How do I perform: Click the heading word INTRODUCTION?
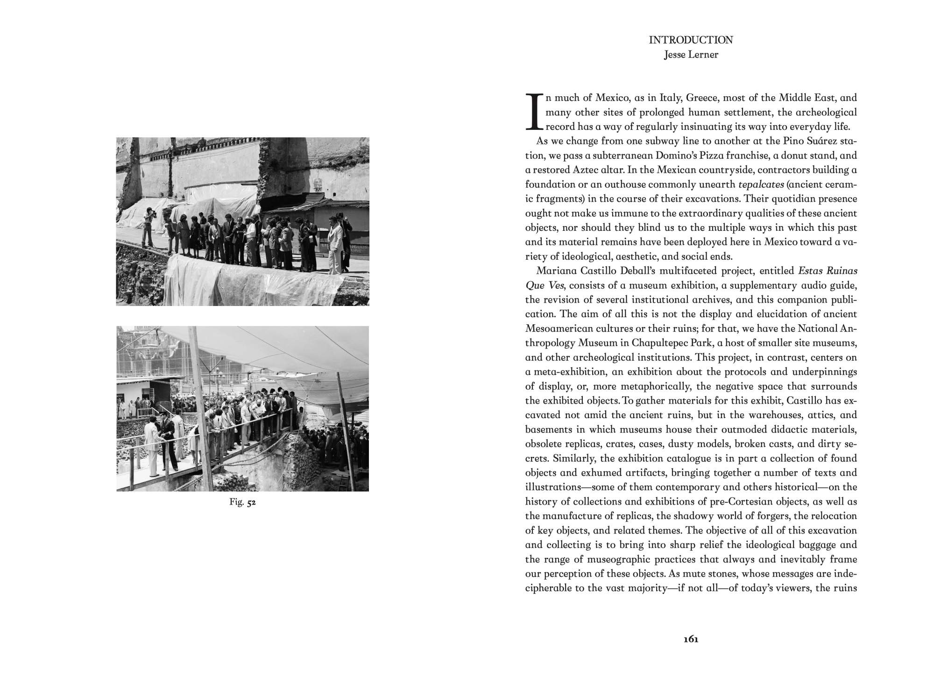point(691,40)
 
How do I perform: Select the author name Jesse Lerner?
point(691,55)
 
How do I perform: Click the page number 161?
point(691,639)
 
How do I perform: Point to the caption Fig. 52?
point(242,503)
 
